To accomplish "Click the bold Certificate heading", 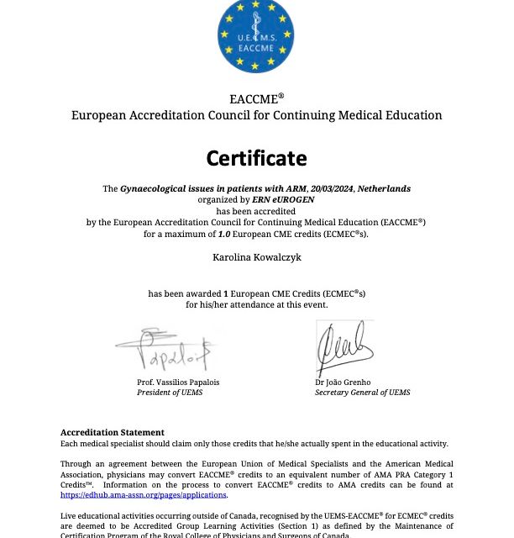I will [256, 158].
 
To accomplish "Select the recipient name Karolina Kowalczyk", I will [256, 256].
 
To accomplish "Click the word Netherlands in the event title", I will [384, 189].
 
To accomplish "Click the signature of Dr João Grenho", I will [344, 345].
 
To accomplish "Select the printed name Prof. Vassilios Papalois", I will [178, 382].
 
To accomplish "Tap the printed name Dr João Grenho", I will [342, 382].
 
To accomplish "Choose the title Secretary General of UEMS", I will [362, 393].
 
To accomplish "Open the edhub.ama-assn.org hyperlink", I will [143, 495].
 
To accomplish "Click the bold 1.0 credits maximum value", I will [225, 234].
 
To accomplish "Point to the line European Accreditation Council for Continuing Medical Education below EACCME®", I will [256, 115].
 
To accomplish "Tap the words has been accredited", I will [256, 211].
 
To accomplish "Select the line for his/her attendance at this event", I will [256, 304].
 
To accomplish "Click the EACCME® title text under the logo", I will [256, 98].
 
